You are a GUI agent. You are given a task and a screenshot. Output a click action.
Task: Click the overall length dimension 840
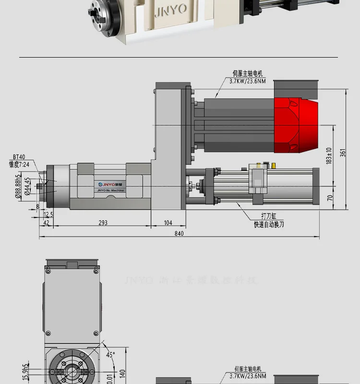(x=180, y=233)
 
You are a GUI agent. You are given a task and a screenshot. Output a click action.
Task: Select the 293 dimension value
(x=103, y=223)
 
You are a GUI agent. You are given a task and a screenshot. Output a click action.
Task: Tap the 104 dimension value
(x=168, y=223)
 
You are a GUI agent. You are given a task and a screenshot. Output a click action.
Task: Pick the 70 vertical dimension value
(x=329, y=197)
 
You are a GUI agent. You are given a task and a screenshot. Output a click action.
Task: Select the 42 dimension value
(x=46, y=223)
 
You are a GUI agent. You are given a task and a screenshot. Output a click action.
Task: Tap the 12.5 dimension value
(x=48, y=214)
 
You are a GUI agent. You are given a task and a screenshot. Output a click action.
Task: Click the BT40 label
(x=19, y=156)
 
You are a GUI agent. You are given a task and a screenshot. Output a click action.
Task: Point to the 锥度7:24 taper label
(x=19, y=164)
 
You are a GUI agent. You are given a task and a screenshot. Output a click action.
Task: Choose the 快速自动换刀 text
(x=269, y=224)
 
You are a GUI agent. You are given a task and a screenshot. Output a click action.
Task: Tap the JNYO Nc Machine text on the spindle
(x=104, y=191)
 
